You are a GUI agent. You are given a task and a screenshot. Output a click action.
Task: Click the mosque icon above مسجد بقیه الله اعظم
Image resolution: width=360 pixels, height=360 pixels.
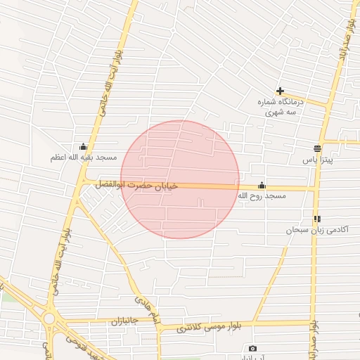coord(84,146)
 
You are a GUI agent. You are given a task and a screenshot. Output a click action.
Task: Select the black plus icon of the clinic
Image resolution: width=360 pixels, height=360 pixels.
coord(280,91)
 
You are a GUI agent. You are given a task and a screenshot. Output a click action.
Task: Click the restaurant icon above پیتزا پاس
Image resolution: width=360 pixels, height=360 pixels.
coord(317,149)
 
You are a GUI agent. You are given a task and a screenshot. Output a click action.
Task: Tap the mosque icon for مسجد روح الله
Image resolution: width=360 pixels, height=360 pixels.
coord(262,185)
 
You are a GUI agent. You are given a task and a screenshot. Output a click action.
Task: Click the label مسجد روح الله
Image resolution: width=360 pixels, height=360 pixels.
coord(262,196)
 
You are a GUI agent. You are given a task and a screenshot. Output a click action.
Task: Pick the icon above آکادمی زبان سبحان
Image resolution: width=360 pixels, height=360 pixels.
coord(317,219)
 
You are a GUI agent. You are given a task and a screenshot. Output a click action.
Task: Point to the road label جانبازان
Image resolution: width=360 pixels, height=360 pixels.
coord(126,321)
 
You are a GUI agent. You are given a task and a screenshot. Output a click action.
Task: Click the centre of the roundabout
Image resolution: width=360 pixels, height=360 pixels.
coord(49,318)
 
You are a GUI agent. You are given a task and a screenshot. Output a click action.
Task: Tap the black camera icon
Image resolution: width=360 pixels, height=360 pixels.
coord(252,349)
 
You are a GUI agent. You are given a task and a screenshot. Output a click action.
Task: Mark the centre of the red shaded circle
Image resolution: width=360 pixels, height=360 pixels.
coord(180,179)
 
